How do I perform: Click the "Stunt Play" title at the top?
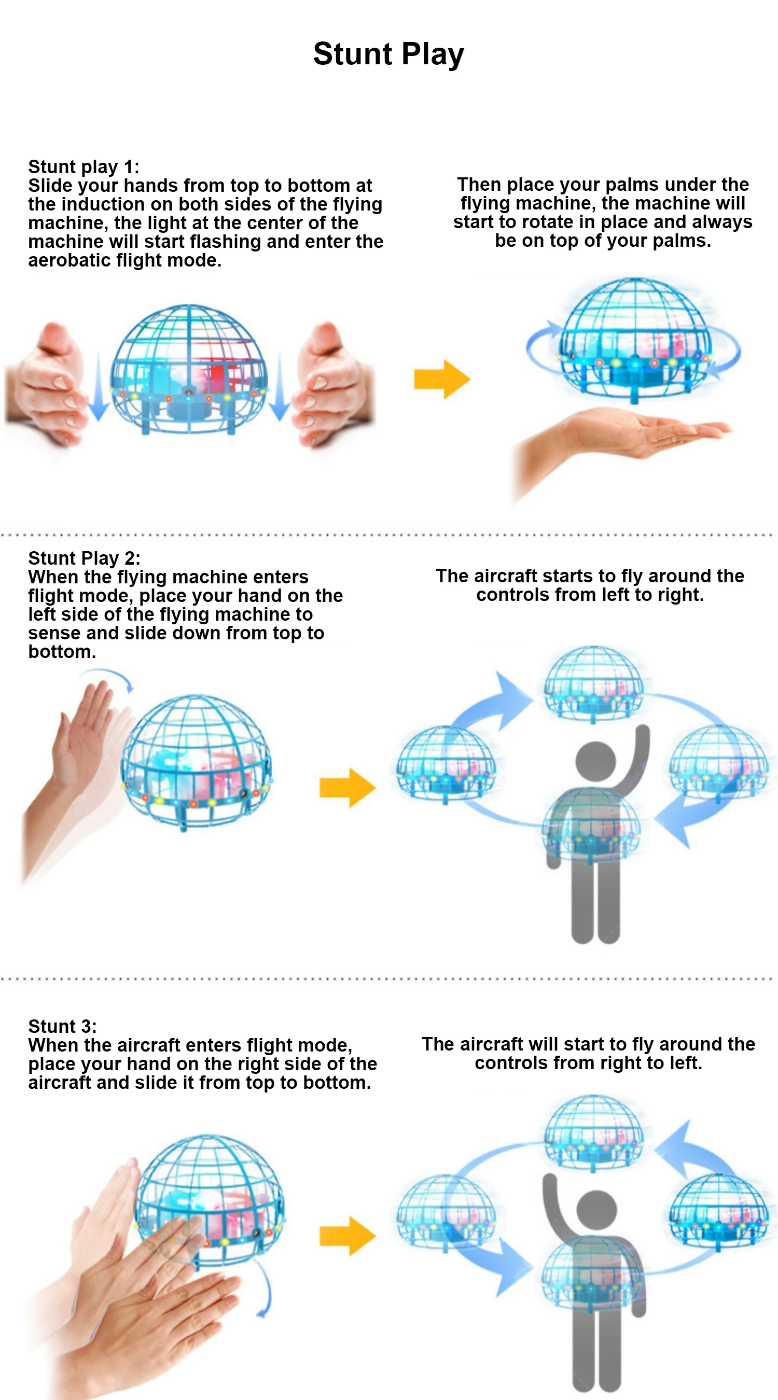click(x=388, y=54)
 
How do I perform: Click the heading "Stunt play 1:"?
click(x=84, y=166)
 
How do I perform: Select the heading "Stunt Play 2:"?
click(x=84, y=557)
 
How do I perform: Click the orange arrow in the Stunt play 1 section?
click(x=441, y=379)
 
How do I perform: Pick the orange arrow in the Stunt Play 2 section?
click(x=348, y=787)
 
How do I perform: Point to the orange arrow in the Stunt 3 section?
click(x=348, y=1236)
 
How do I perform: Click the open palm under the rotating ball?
click(x=625, y=435)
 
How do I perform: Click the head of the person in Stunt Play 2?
click(x=595, y=760)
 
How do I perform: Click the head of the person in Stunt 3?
click(x=596, y=1210)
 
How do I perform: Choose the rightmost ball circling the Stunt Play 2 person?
click(x=719, y=762)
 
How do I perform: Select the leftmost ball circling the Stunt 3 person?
click(x=446, y=1212)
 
